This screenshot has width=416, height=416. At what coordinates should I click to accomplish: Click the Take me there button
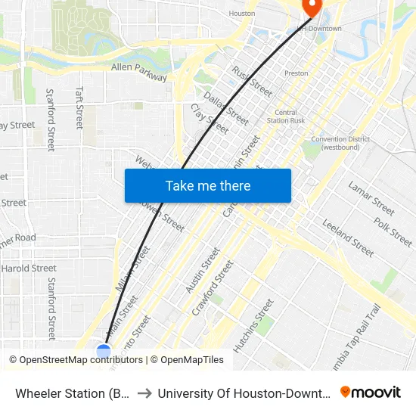[x=208, y=185]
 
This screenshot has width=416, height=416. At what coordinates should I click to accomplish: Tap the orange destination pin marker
[x=311, y=6]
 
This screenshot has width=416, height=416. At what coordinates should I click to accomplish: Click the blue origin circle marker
[x=104, y=351]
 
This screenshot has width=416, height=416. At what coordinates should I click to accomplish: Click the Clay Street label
[x=210, y=119]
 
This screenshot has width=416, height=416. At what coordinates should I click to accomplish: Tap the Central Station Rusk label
[x=284, y=117]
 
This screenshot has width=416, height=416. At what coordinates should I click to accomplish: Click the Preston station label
[x=296, y=73]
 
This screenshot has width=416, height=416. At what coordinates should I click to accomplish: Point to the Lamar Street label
[x=371, y=198]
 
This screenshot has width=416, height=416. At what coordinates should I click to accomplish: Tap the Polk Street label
[x=393, y=231]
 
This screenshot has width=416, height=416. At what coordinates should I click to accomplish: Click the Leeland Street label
[x=348, y=239]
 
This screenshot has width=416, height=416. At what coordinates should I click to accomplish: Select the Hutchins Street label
[x=253, y=326]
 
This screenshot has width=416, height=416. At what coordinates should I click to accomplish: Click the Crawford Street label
[x=213, y=287]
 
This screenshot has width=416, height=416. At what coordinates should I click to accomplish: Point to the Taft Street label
[x=79, y=107]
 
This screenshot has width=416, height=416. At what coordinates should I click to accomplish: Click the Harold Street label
[x=29, y=268]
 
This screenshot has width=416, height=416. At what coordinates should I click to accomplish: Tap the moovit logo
[x=371, y=392]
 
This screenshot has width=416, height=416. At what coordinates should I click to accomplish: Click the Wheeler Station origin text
[x=72, y=393]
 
